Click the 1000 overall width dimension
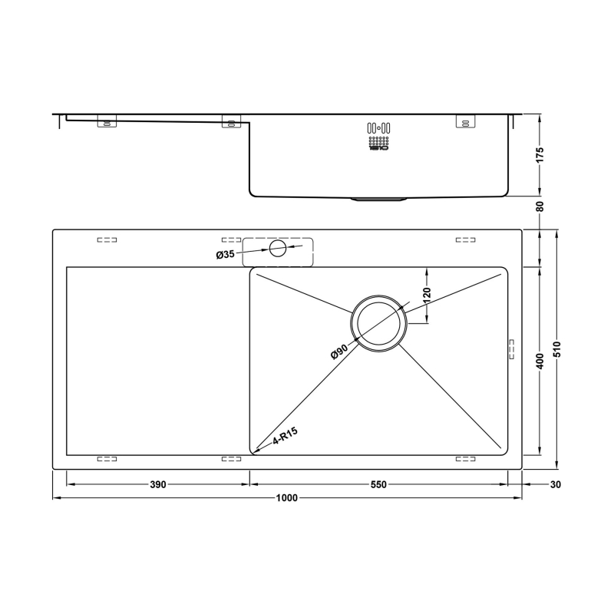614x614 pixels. coord(286,498)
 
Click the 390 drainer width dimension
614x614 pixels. coord(157,485)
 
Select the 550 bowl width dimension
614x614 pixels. coord(378,485)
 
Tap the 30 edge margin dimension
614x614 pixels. coord(556,485)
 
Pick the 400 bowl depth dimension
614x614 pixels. coord(540,360)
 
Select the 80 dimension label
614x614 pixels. coord(540,206)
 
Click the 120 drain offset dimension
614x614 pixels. coord(427,294)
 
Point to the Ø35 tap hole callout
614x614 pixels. coord(225,254)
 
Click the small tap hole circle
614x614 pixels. coord(278,248)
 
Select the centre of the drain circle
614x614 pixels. coord(378,325)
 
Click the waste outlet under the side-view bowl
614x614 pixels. coord(378,199)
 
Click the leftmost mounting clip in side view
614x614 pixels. coord(107,122)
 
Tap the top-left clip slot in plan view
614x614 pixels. coord(107,240)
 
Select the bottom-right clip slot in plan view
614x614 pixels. coord(466,459)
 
